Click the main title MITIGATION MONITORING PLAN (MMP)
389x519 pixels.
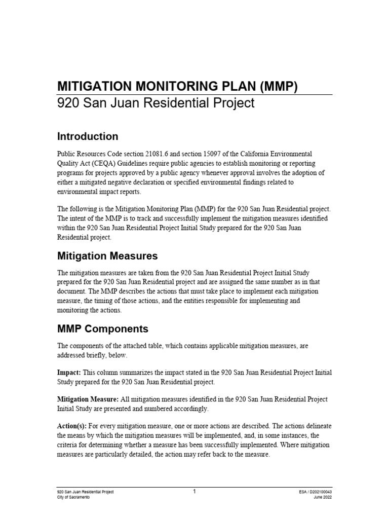pos(177,86)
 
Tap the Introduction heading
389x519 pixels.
pos(88,136)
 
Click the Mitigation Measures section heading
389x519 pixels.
pos(107,255)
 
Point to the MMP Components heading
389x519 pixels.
pos(103,329)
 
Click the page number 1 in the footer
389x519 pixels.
pos(194,491)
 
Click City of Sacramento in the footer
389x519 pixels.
pos(73,498)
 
